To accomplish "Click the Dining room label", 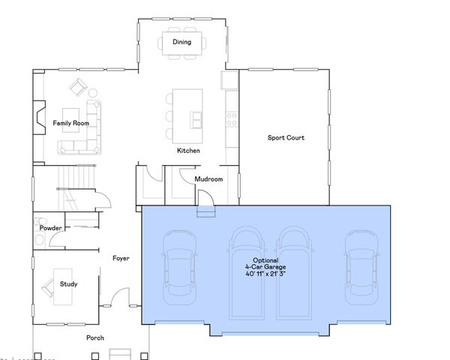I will click(181, 42).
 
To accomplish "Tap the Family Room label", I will click(70, 122).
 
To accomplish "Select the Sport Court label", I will click(286, 137).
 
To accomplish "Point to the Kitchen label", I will click(188, 151).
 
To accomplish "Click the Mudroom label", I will click(208, 179).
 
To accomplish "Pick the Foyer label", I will click(121, 258).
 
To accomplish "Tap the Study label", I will click(69, 284).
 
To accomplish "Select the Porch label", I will click(95, 337).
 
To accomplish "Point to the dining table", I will click(181, 42).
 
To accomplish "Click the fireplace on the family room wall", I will click(37, 117).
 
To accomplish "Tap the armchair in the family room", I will click(78, 87).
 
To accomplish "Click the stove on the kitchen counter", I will click(232, 118).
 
